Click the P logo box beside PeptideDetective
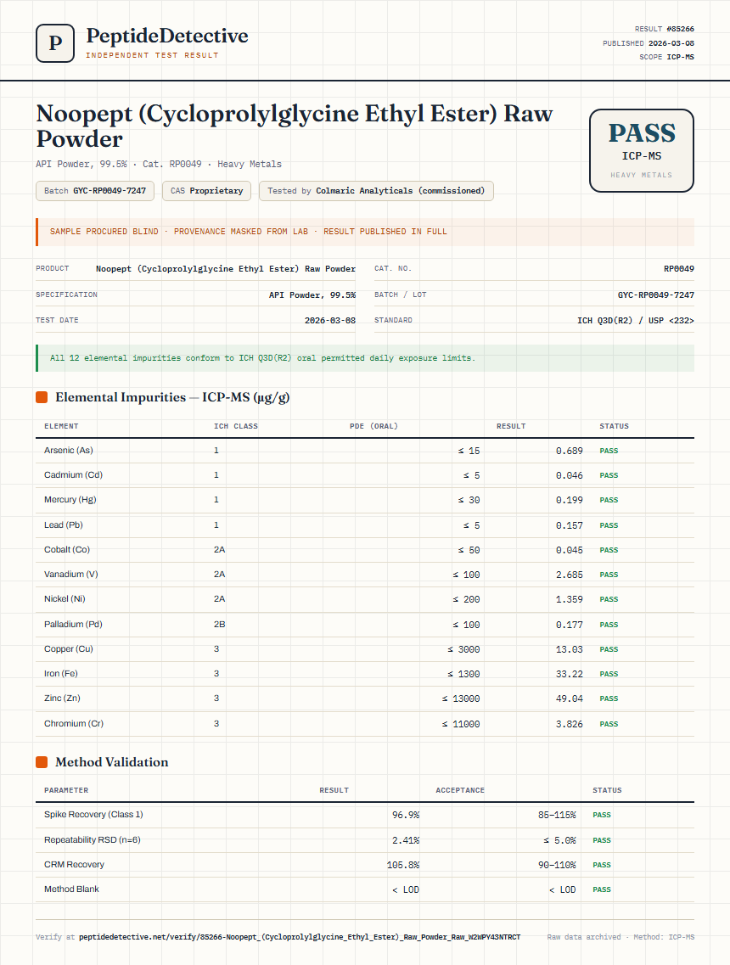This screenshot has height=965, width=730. pyautogui.click(x=55, y=43)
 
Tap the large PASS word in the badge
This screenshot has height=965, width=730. pyautogui.click(x=642, y=133)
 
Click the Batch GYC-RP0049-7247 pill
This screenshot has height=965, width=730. pyautogui.click(x=95, y=191)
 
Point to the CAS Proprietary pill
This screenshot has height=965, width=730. pyautogui.click(x=207, y=191)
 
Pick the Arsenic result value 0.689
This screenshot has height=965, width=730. pyautogui.click(x=570, y=452)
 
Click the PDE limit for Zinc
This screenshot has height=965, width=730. pyautogui.click(x=461, y=699)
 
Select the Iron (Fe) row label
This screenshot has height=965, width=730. pyautogui.click(x=61, y=673)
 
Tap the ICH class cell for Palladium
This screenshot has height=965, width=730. pyautogui.click(x=219, y=624)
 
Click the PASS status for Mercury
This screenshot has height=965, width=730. pyautogui.click(x=609, y=501)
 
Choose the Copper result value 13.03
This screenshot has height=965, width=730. pyautogui.click(x=570, y=649)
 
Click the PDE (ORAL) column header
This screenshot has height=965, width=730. pyautogui.click(x=373, y=426)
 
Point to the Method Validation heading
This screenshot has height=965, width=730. pyautogui.click(x=111, y=762)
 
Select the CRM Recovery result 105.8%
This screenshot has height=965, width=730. pyautogui.click(x=403, y=865)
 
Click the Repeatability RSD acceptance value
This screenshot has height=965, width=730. pyautogui.click(x=559, y=840)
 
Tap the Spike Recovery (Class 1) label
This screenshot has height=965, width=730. pyautogui.click(x=93, y=814)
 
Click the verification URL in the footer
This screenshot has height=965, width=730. pyautogui.click(x=300, y=937)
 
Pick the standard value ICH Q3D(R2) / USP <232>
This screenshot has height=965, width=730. pyautogui.click(x=636, y=321)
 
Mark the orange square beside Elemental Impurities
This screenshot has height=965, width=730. pyautogui.click(x=42, y=397)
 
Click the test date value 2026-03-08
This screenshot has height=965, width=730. pyautogui.click(x=330, y=321)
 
